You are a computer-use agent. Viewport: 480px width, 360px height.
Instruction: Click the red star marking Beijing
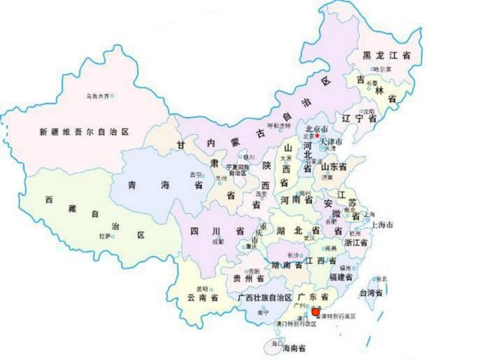point(317,136)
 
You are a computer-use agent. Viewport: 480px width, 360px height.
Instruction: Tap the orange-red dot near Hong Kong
point(315,312)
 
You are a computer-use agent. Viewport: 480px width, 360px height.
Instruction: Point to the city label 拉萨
point(105,236)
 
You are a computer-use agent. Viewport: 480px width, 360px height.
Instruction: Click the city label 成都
point(218,242)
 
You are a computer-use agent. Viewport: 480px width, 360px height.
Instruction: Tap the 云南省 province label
point(202,298)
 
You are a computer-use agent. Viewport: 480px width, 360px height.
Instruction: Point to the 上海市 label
point(382,225)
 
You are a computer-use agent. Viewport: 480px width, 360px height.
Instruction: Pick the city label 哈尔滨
point(382,69)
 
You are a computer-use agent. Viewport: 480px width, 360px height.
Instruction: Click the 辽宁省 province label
point(359,119)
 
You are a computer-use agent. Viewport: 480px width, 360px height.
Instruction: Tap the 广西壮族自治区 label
point(265,297)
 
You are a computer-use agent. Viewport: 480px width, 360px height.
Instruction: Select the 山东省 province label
point(333,167)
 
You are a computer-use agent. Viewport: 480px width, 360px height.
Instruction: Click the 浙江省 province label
point(355,242)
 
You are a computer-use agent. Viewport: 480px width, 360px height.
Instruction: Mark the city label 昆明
point(202,289)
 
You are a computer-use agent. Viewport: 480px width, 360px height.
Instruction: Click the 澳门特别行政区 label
point(296,324)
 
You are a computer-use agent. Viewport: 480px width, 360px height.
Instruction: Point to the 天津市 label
point(331,142)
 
